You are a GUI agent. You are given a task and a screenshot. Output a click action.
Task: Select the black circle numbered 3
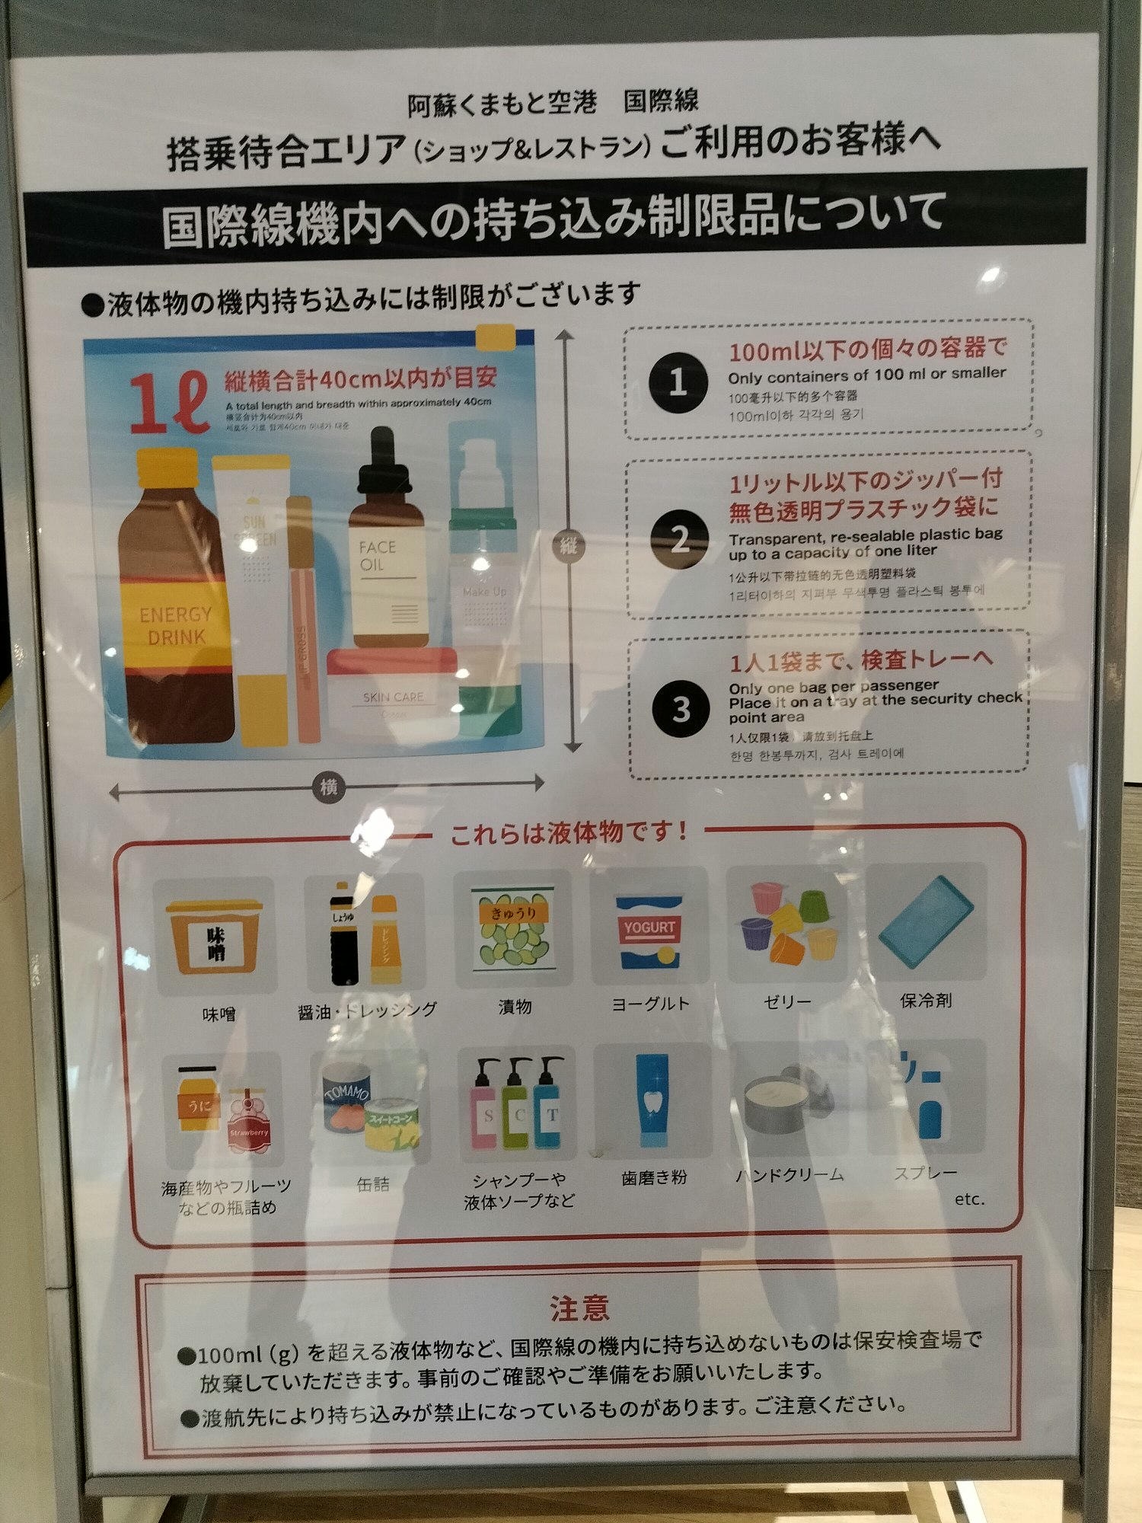(x=681, y=709)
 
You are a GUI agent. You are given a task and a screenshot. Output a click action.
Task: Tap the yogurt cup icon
(x=649, y=930)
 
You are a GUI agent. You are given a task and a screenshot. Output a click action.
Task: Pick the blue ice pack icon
(x=925, y=921)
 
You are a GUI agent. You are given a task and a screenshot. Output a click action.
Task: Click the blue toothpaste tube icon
(x=653, y=1100)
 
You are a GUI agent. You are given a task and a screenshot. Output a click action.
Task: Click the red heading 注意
(x=579, y=1307)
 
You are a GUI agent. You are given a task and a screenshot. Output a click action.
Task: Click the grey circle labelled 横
(x=329, y=787)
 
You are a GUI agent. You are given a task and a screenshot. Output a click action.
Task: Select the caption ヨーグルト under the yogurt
(x=651, y=1004)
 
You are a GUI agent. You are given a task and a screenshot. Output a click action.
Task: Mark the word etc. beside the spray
(x=969, y=1199)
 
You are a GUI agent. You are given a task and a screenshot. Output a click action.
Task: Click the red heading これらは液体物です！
(x=569, y=832)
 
